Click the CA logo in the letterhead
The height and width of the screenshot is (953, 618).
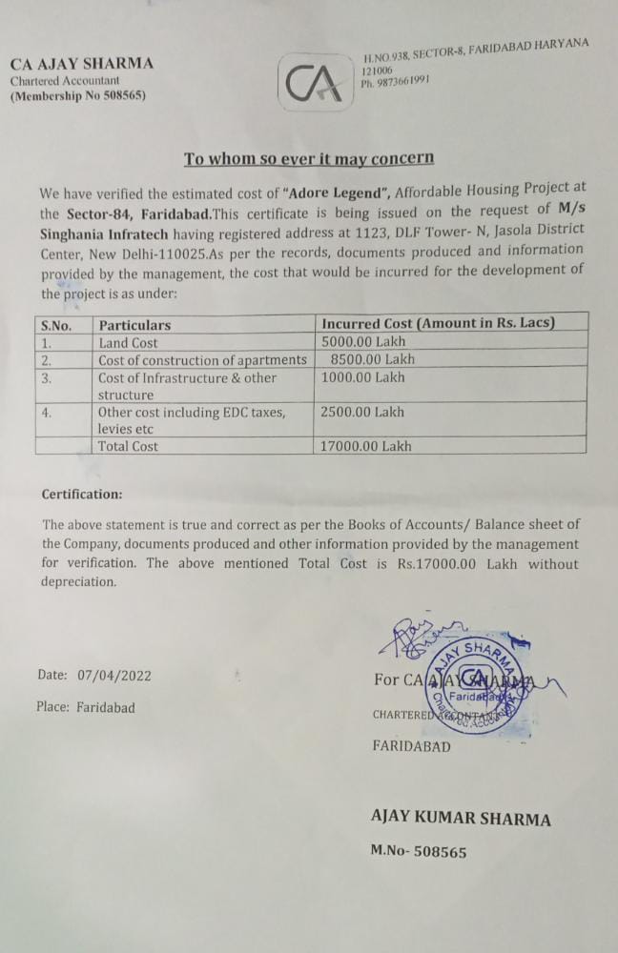tap(313, 83)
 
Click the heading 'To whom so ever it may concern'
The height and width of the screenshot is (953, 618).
tap(309, 158)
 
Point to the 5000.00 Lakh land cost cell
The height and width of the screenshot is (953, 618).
tap(363, 342)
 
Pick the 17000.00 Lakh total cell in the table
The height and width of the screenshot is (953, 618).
tap(367, 445)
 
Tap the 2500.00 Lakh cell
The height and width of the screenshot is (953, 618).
tap(363, 412)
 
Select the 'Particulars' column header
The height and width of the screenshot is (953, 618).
tap(134, 324)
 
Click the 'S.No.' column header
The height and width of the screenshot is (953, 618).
tap(58, 324)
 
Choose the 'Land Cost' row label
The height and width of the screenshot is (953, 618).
tap(128, 342)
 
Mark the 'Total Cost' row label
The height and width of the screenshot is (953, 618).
tap(129, 445)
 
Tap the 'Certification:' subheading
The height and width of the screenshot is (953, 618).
tap(82, 494)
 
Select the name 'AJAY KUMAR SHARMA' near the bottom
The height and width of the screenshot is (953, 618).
tap(461, 819)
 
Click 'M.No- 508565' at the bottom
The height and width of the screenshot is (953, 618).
tap(419, 851)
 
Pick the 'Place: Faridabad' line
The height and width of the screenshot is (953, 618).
tap(86, 707)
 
